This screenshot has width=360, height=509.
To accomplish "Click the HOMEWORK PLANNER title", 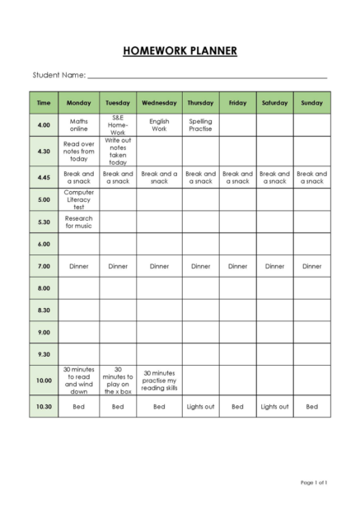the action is (180, 51).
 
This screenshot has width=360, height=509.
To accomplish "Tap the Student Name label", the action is (58, 75).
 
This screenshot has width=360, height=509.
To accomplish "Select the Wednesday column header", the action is (159, 103).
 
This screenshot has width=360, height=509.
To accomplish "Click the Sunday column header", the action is (311, 103).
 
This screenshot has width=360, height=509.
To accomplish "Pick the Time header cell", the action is (44, 103).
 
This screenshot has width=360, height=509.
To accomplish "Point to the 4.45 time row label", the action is (44, 177).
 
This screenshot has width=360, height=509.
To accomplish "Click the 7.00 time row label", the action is (44, 266).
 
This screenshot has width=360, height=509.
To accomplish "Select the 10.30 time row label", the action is (44, 406).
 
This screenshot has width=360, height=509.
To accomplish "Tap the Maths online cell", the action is (79, 125).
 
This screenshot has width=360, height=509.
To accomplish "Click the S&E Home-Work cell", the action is (118, 125).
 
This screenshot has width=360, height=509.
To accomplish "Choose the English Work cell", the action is (159, 125).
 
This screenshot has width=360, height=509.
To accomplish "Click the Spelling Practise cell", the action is (200, 125).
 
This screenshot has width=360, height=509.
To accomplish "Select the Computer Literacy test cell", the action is (79, 199).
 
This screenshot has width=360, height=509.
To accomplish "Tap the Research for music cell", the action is (79, 222).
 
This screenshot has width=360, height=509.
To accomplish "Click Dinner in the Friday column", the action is (237, 266).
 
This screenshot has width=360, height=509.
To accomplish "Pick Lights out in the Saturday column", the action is (274, 406).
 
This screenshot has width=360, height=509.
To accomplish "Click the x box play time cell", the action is (118, 381).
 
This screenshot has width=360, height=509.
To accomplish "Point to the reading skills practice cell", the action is (159, 381).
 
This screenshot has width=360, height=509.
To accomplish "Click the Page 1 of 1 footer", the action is (314, 482).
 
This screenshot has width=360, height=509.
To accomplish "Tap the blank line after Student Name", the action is (206, 76).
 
